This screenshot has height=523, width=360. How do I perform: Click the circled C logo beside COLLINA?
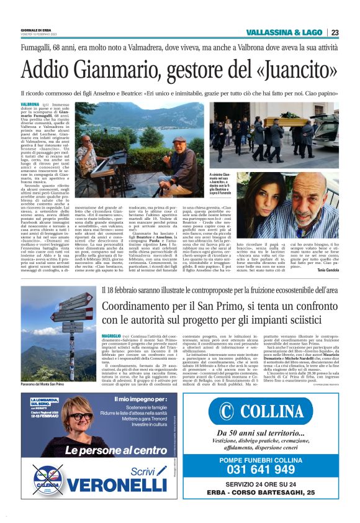226,411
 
